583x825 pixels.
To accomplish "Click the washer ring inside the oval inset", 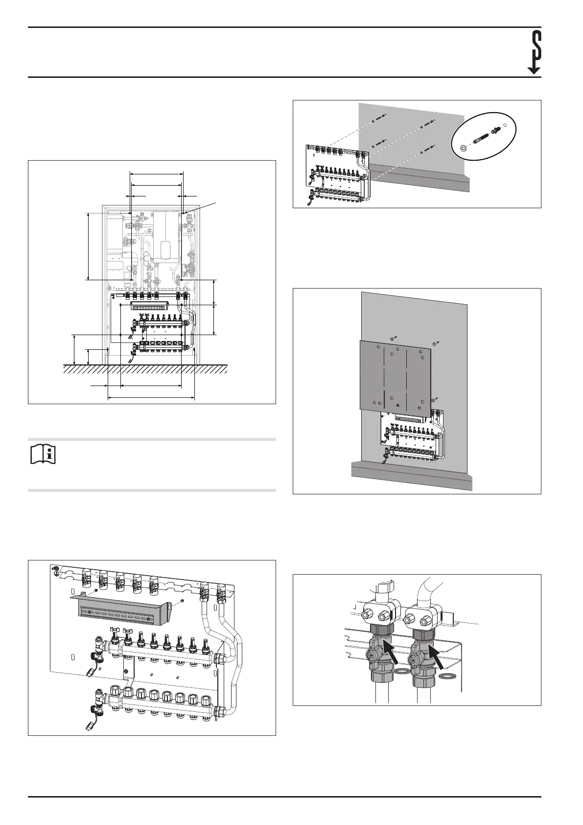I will coord(463,147).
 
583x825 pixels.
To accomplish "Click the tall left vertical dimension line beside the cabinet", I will coord(88,246).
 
